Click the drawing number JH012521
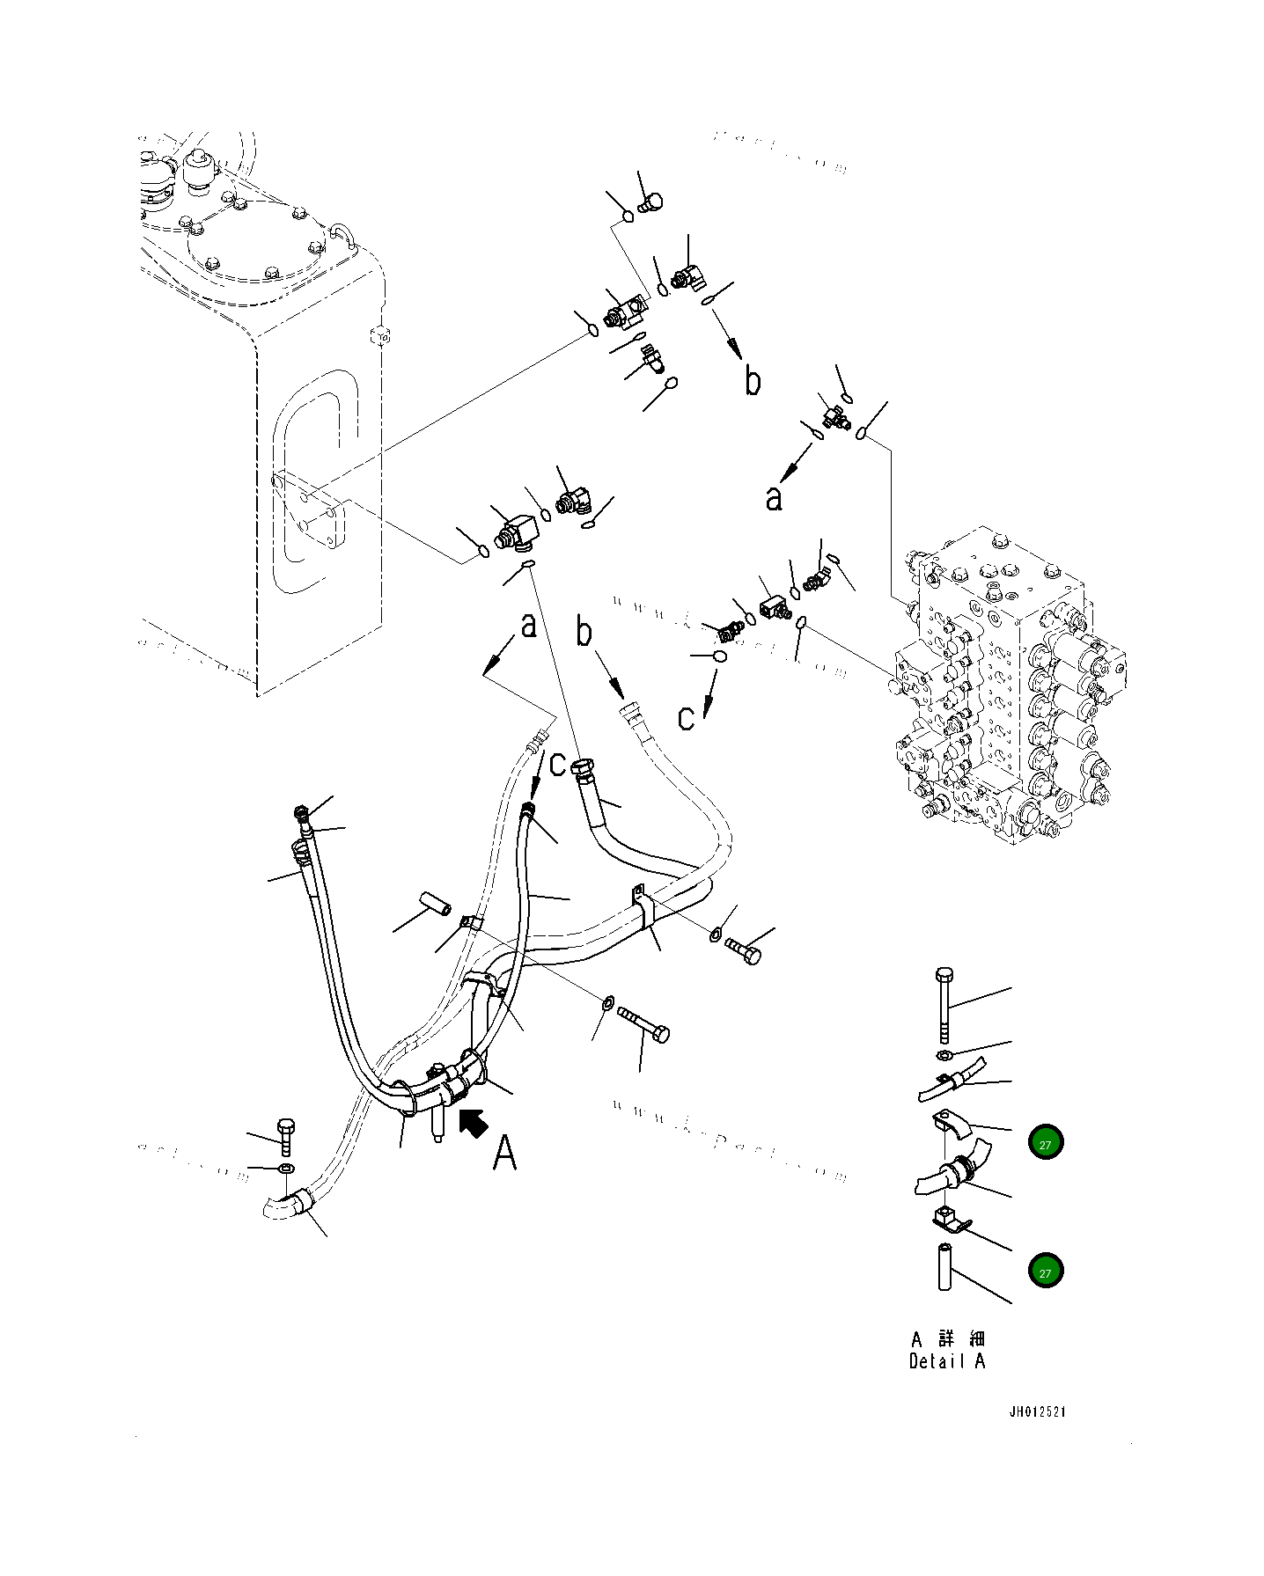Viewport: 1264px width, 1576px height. (x=1038, y=1411)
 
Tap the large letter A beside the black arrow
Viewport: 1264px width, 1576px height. (x=504, y=1152)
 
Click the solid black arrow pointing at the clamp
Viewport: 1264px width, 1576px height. (x=474, y=1123)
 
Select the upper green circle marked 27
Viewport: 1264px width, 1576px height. (x=1045, y=1143)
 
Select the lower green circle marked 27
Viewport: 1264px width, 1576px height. (x=1045, y=1271)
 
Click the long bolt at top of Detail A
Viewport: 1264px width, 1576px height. (x=944, y=1004)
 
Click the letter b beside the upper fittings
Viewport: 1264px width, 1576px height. (x=753, y=381)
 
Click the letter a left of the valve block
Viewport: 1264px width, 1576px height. (x=773, y=499)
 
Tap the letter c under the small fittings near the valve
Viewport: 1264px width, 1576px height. (x=687, y=717)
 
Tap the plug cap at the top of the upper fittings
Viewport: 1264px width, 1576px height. (x=652, y=204)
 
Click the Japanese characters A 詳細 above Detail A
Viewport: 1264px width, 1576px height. (x=948, y=1338)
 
